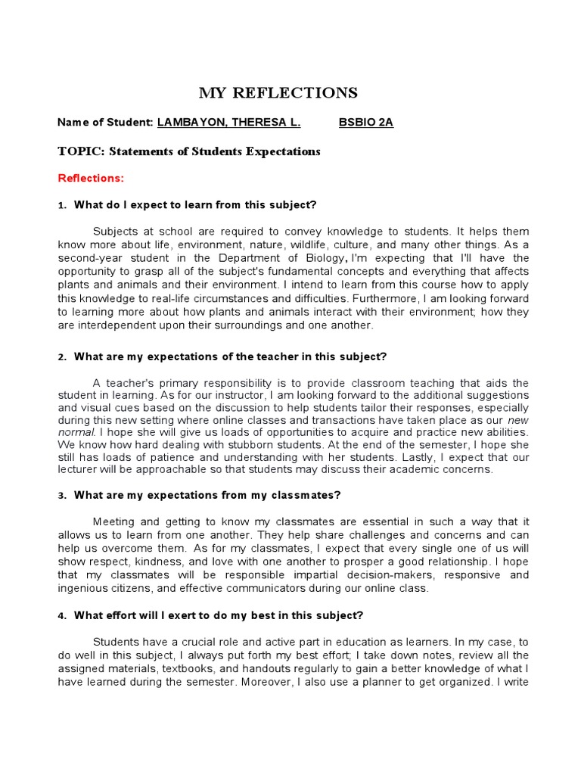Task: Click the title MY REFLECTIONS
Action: [278, 93]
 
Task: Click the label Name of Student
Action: [105, 123]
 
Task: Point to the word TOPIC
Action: [80, 151]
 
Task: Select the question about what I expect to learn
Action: [195, 205]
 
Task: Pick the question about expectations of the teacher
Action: [231, 356]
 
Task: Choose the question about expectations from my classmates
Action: [207, 495]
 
